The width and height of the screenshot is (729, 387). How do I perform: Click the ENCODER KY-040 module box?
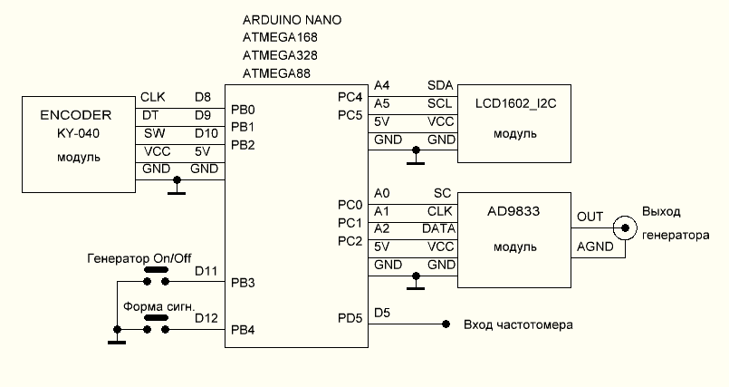(76, 145)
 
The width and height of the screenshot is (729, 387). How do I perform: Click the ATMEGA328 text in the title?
(278, 55)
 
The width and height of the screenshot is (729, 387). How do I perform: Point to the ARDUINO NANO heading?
(293, 19)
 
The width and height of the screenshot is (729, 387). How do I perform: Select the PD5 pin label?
(350, 317)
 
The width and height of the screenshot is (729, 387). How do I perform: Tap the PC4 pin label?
(350, 97)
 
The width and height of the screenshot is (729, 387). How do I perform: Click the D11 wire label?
(206, 270)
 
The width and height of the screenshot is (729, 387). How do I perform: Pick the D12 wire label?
(206, 317)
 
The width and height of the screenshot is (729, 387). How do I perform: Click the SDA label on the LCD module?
(440, 84)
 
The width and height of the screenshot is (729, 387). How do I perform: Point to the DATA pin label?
(438, 228)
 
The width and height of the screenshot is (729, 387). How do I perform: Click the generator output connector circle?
(622, 227)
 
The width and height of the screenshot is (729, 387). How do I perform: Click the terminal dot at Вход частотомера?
(446, 324)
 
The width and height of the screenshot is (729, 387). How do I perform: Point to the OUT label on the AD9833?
(590, 218)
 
